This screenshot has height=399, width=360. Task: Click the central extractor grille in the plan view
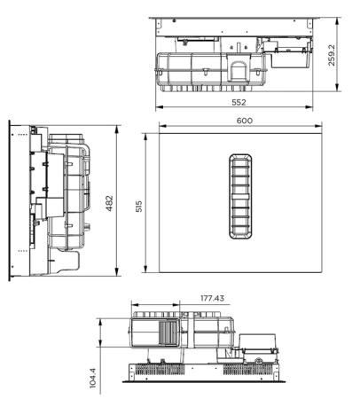(x=240, y=198)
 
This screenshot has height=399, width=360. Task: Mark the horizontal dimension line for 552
(x=239, y=108)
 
